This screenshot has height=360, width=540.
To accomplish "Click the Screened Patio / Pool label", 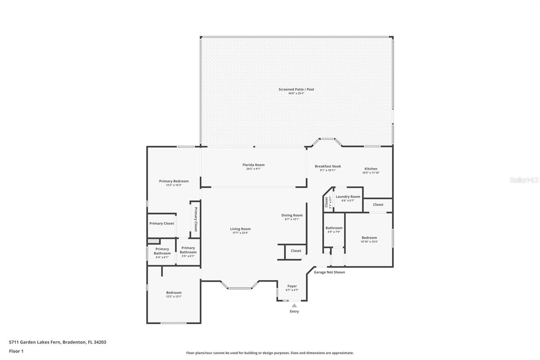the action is coord(296,89).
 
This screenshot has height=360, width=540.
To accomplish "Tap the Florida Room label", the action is coord(253,165).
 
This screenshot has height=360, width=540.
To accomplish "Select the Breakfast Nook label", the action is coord(328,166).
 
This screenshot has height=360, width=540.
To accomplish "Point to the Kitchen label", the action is coord(371,169).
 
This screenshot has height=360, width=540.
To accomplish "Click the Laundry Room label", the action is coord(348,197).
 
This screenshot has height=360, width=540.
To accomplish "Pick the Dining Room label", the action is coord(292,215).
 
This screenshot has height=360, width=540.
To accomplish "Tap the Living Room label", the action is coord(240,229).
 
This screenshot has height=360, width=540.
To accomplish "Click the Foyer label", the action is coord(292,286).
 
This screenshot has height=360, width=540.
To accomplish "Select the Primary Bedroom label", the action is coord(173,181).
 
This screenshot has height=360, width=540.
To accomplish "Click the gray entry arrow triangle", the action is coord(294,306).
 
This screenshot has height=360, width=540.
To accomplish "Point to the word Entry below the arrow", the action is coord(294,311).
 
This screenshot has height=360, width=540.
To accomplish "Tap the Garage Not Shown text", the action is coord(329,272).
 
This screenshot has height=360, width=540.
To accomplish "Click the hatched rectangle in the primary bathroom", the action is coord(154,241).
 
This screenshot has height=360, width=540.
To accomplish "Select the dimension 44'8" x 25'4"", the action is coord(296,94).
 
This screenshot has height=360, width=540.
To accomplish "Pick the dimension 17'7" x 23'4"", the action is coord(240,233).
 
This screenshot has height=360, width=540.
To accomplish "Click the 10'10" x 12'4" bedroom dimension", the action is coord(369,241).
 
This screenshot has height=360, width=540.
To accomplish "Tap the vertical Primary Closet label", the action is coord(196,219).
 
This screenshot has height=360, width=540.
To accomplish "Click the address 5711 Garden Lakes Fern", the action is coord(35,342).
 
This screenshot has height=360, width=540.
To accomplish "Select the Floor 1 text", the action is coord(16,351).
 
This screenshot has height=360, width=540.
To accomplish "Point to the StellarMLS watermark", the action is coord(524,180).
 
